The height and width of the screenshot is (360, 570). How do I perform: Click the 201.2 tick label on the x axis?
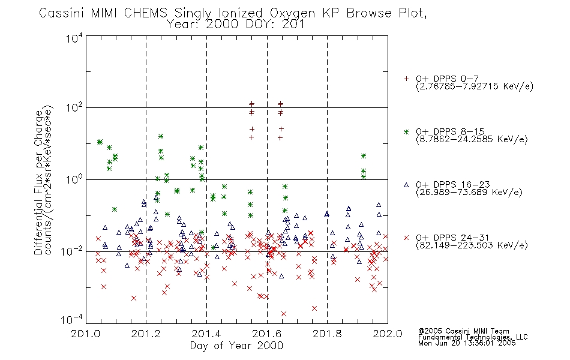point(146,334)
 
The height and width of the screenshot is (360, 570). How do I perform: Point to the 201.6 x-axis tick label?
point(267,334)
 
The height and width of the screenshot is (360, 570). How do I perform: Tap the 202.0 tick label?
point(388,334)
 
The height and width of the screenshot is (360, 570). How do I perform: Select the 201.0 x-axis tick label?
point(86,334)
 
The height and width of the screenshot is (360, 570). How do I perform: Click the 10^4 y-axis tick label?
point(75,38)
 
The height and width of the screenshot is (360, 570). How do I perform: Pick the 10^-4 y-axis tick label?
point(72,319)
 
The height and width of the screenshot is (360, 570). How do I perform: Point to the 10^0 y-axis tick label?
point(75,179)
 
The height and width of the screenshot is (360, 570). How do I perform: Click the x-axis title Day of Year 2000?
point(236,346)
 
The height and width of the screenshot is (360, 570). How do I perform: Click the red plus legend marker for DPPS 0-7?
point(406,79)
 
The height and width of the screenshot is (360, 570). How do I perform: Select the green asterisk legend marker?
point(406,131)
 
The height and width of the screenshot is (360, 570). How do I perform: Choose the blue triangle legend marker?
point(406,185)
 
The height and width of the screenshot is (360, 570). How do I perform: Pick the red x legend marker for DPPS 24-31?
point(406,238)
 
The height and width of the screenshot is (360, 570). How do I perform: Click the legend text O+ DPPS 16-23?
point(453,184)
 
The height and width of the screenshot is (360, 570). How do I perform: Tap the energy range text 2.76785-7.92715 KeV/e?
point(475,86)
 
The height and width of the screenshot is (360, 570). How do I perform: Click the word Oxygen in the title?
point(292,13)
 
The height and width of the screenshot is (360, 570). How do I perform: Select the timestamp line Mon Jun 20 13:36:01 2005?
point(467,343)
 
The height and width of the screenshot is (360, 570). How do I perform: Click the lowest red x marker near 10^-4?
point(284,313)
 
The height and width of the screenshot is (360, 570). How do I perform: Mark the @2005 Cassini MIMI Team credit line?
point(463,331)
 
